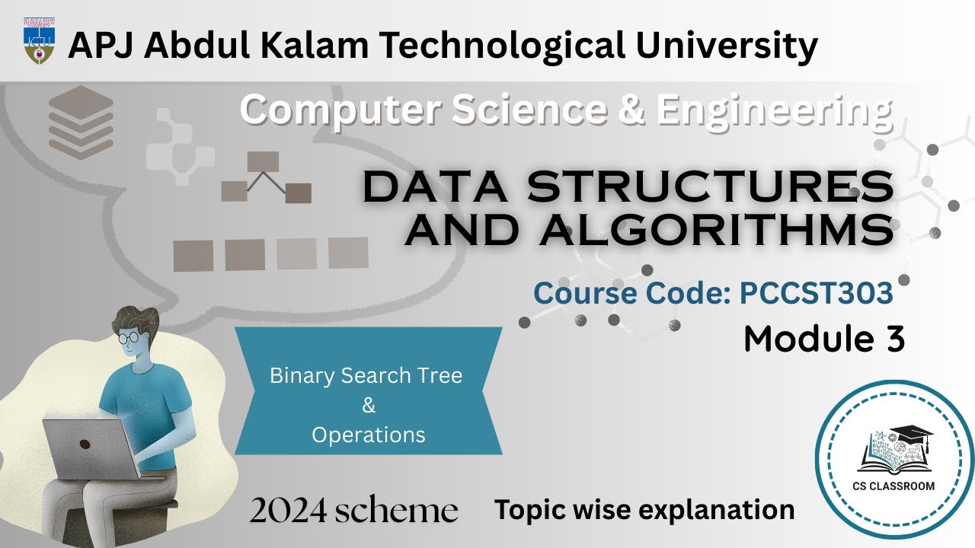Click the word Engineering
click(x=774, y=111)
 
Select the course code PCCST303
click(x=816, y=293)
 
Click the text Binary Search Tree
click(x=366, y=375)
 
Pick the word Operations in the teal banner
click(x=369, y=435)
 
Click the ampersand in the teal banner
click(x=369, y=405)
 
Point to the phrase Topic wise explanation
click(x=644, y=509)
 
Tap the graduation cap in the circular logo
click(x=912, y=437)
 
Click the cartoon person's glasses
click(x=129, y=336)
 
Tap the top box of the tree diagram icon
click(x=263, y=161)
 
